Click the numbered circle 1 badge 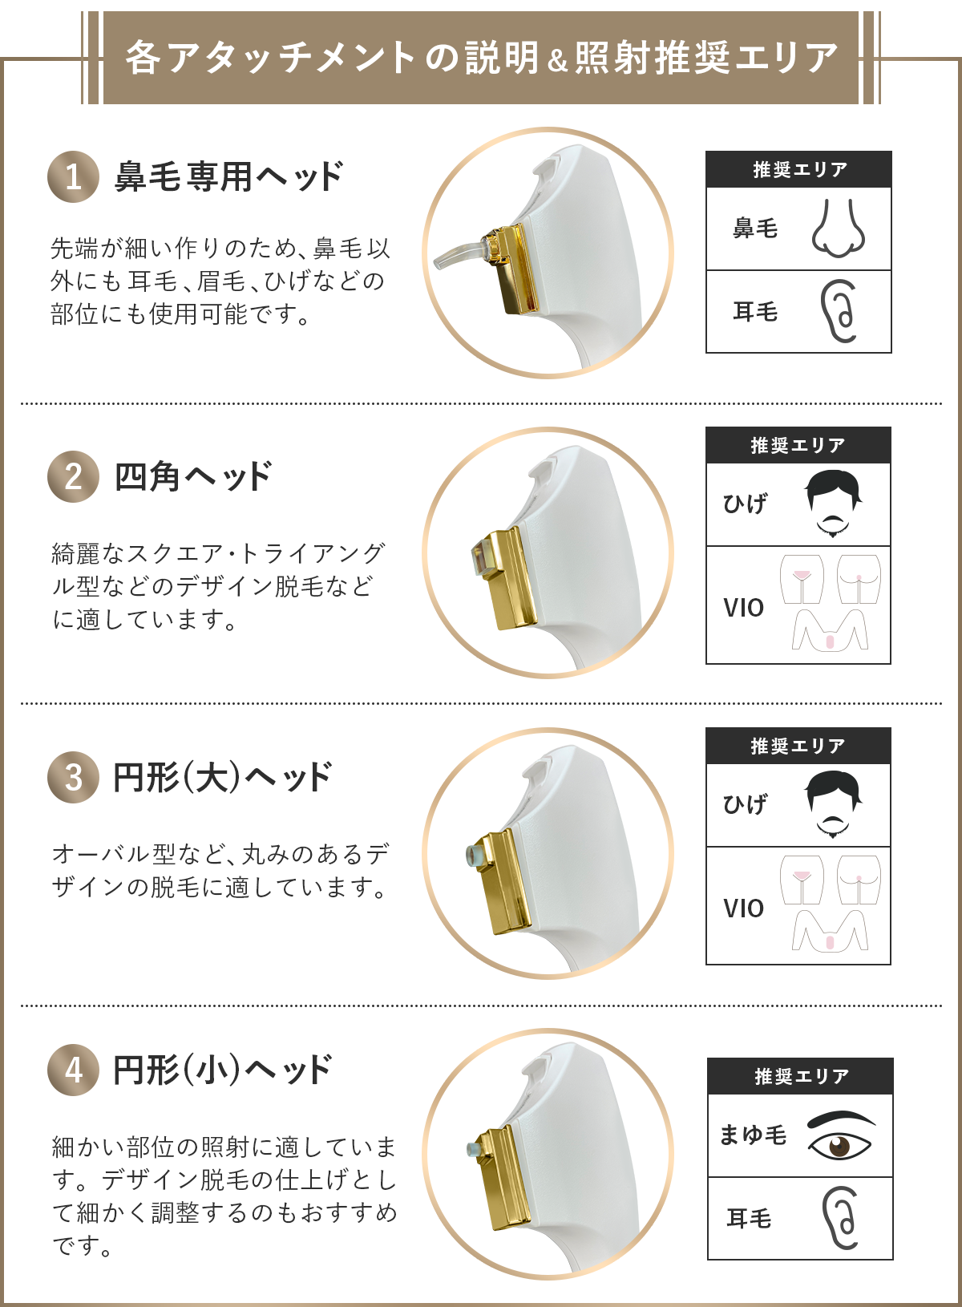(73, 176)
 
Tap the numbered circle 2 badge (73, 477)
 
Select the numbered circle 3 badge (73, 777)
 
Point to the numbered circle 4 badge (73, 1070)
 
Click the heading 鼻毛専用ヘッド (228, 176)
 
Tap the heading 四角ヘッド (193, 477)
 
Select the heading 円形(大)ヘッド (222, 777)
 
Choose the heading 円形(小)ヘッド (222, 1070)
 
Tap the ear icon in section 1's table (839, 311)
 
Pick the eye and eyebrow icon (841, 1135)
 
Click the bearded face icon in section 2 (833, 503)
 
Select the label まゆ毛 (753, 1135)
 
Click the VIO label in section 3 (743, 908)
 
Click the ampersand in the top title (558, 61)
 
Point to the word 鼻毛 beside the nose (755, 228)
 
